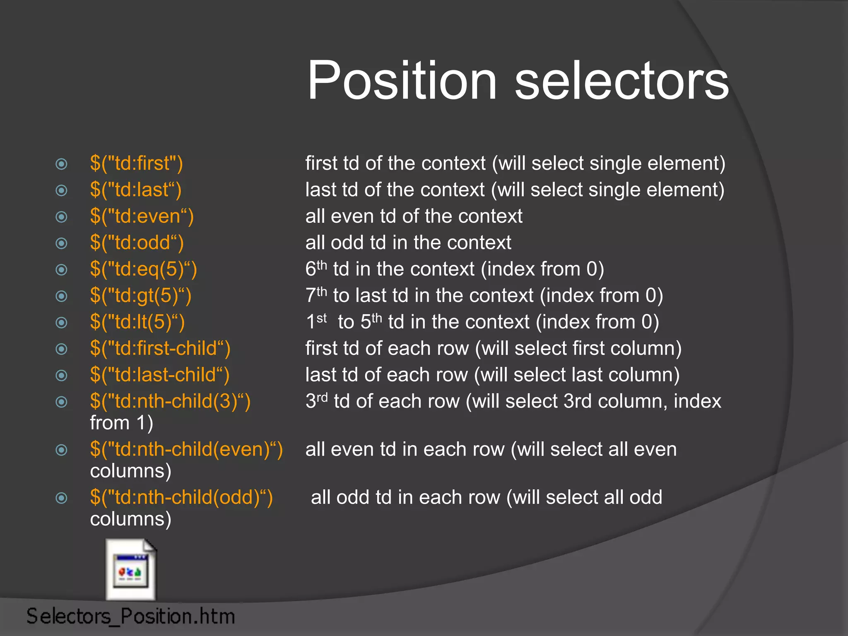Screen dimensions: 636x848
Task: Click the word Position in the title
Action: (x=402, y=80)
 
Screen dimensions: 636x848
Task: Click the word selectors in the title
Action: (x=621, y=80)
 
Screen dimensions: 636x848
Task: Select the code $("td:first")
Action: (x=136, y=163)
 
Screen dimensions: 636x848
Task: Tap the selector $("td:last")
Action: (x=135, y=190)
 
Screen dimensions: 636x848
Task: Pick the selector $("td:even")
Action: (x=142, y=216)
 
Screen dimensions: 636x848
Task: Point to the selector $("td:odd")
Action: (x=137, y=243)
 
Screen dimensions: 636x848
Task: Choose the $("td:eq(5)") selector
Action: (x=143, y=269)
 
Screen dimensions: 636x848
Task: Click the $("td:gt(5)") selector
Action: (x=141, y=296)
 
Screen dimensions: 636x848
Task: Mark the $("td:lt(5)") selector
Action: (x=137, y=322)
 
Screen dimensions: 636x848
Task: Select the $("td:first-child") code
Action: (x=160, y=349)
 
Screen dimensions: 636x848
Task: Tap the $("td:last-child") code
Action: (x=159, y=375)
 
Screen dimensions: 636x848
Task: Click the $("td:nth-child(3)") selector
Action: (x=170, y=402)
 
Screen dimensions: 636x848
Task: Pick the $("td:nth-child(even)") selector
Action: (x=186, y=450)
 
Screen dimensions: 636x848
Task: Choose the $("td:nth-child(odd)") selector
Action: (x=181, y=498)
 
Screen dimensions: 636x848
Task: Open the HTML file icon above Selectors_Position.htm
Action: (x=131, y=570)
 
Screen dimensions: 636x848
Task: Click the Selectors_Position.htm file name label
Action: (x=131, y=616)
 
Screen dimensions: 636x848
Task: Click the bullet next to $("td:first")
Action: (x=61, y=164)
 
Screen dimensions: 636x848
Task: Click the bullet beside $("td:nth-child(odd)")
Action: (x=61, y=498)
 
